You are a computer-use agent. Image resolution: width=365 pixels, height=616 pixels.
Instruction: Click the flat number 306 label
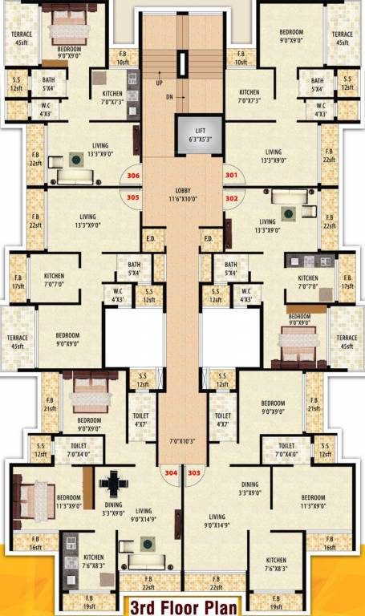133,176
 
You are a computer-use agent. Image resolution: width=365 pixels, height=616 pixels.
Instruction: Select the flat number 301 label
232,176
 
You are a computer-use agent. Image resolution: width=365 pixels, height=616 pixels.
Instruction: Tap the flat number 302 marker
232,197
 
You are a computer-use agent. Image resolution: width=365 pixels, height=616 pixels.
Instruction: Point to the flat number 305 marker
133,197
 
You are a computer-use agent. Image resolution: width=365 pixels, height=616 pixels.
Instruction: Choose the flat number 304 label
171,473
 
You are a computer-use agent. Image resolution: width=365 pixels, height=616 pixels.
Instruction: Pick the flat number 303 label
193,473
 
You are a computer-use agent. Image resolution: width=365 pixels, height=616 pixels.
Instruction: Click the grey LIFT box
195,133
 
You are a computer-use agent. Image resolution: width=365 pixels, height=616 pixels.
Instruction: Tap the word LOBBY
182,191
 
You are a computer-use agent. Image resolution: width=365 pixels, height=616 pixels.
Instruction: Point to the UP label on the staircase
159,82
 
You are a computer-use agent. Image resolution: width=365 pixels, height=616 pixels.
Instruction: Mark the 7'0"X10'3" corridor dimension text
182,442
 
